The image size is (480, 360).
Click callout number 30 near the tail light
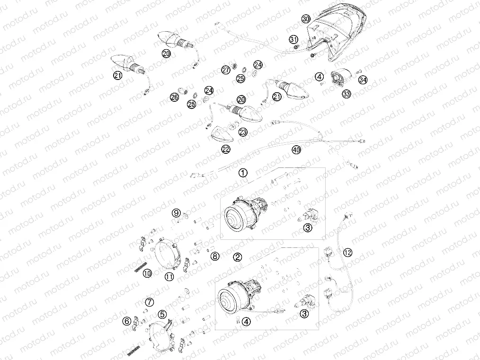point(306,19)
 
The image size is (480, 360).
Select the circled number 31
point(294,39)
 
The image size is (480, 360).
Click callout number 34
point(363,80)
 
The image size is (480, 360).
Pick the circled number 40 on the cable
point(296,150)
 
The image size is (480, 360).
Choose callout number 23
point(243,132)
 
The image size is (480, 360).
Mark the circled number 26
point(174,97)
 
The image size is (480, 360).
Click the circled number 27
point(225,70)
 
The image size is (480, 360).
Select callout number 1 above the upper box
point(242,173)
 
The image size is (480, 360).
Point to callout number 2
point(238,257)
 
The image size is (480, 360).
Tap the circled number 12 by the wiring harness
point(348,252)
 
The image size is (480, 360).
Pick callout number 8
point(215,256)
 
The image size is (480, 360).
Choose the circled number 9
point(176,212)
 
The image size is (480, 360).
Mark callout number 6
point(126,321)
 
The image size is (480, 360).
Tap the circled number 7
point(150,302)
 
